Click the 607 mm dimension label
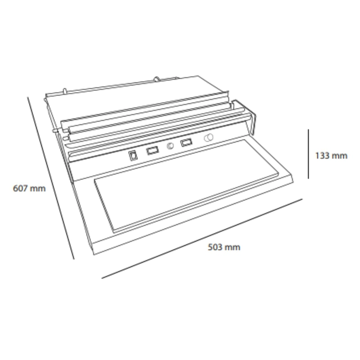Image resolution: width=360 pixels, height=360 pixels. (29, 189)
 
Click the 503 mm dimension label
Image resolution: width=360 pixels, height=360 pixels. (224, 247)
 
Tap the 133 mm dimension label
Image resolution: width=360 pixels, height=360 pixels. (331, 156)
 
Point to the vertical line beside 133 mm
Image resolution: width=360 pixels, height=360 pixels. (308, 154)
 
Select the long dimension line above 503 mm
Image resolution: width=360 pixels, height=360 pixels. (202, 238)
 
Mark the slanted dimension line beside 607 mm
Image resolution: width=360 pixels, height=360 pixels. (51, 178)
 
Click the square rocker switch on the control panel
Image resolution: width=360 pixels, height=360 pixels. (133, 156)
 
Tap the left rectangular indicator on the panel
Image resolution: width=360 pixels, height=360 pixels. (152, 151)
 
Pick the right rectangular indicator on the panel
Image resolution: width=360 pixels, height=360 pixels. (187, 143)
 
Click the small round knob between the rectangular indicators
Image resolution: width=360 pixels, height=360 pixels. (170, 146)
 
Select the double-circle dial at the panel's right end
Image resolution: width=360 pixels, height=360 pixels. (209, 138)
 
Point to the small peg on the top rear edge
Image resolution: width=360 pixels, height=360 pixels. (157, 79)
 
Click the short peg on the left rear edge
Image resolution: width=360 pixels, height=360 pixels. (65, 91)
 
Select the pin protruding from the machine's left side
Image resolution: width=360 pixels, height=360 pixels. (55, 131)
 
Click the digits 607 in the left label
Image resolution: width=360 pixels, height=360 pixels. (20, 189)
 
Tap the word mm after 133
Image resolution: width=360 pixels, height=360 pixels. (340, 156)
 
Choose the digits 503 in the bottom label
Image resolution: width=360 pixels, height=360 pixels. (215, 247)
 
